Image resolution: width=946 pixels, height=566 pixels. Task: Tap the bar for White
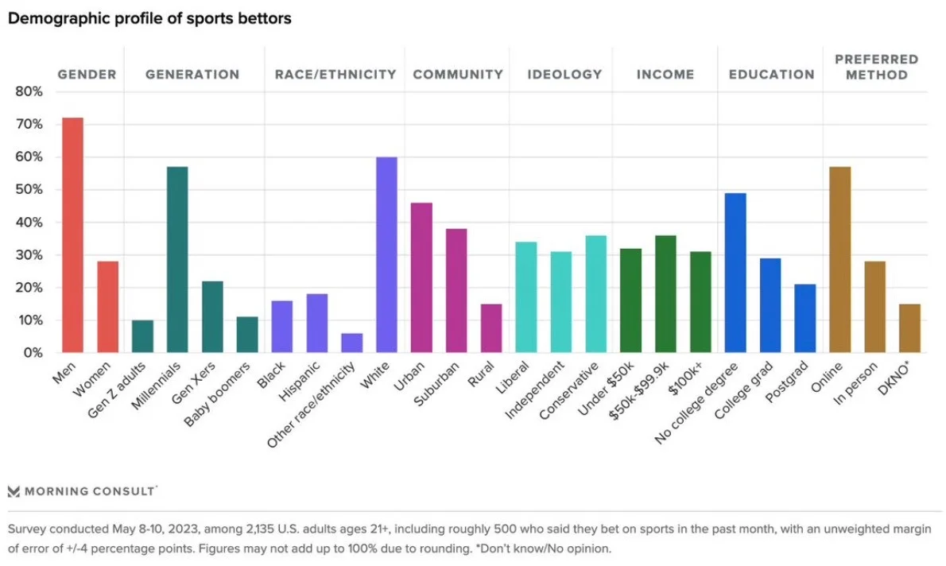pos(386,254)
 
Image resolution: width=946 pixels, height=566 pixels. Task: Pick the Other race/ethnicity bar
pos(351,343)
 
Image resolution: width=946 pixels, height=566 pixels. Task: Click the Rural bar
pos(491,328)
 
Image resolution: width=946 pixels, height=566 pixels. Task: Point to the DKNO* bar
pos(909,328)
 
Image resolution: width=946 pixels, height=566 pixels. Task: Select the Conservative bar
pos(595,293)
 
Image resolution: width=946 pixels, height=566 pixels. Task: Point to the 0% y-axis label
pos(33,353)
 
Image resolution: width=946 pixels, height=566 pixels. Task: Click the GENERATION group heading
pos(192,75)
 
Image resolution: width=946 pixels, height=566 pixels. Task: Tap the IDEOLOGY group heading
pos(564,75)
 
